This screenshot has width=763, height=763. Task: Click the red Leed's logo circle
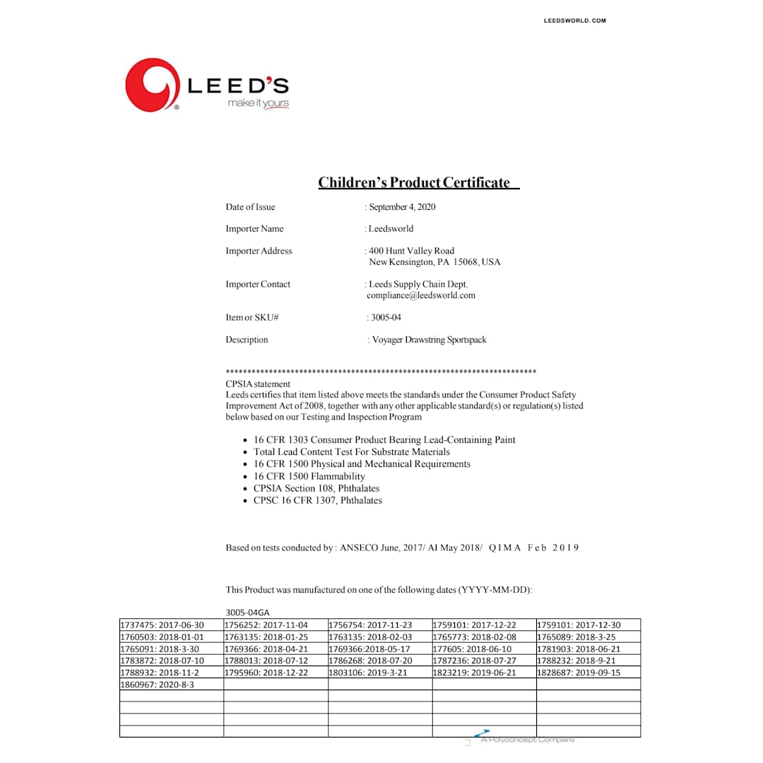[x=152, y=85]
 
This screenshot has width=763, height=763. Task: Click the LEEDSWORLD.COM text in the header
[x=574, y=20]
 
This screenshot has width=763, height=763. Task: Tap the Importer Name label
[x=254, y=229]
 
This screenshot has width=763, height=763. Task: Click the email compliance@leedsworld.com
[x=421, y=295]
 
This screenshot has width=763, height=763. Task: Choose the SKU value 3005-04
[x=386, y=318]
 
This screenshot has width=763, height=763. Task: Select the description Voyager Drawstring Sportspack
[x=429, y=340]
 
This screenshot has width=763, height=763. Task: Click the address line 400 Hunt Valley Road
[x=412, y=251]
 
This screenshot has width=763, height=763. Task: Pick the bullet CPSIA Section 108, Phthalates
[x=317, y=488]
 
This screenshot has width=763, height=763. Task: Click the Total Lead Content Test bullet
[x=352, y=451]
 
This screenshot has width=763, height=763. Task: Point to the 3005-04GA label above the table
[x=248, y=613]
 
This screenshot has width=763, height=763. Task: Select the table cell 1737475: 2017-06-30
[x=162, y=625]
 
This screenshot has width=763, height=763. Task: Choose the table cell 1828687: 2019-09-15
[x=579, y=673]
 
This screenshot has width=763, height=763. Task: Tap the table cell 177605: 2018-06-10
[x=472, y=649]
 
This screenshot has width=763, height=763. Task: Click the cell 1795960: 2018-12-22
[x=266, y=673]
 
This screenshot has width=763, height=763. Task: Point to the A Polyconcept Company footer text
[x=528, y=740]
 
